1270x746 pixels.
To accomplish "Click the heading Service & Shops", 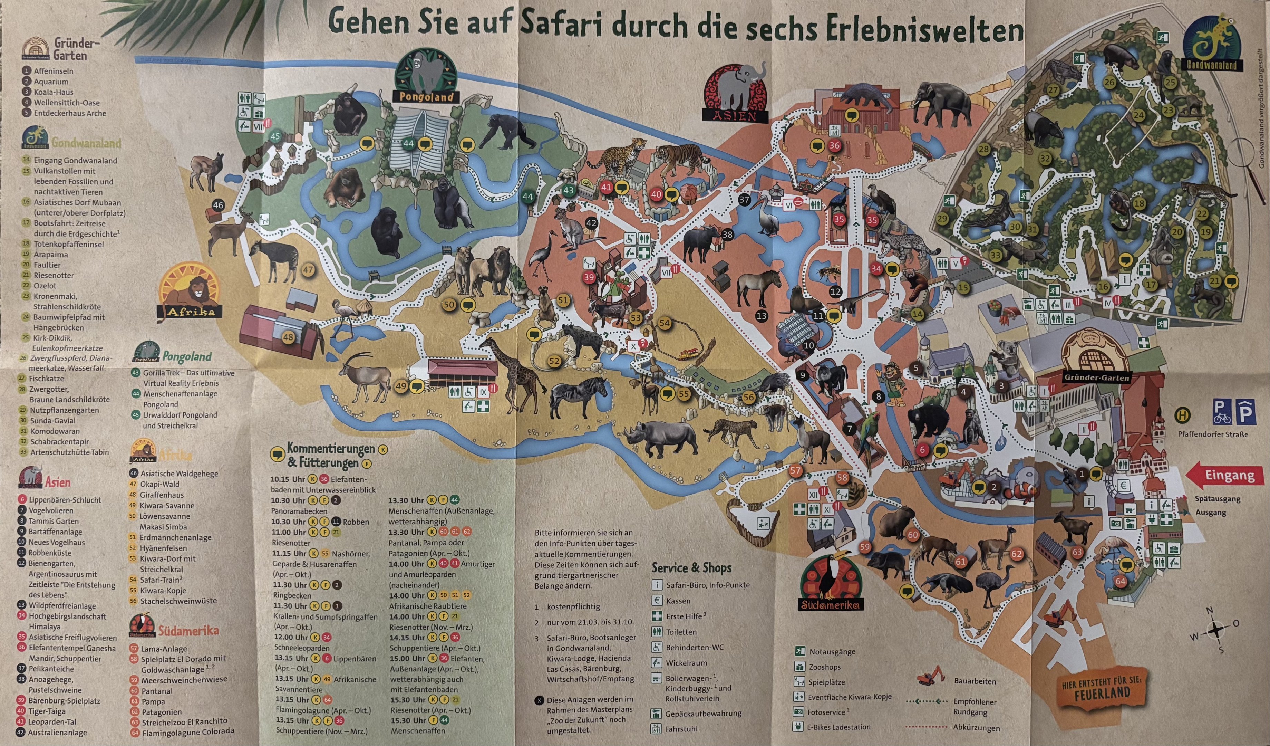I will click(691, 568).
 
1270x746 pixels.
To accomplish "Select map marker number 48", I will click(288, 338).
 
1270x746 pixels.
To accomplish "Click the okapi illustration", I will click(275, 260).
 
